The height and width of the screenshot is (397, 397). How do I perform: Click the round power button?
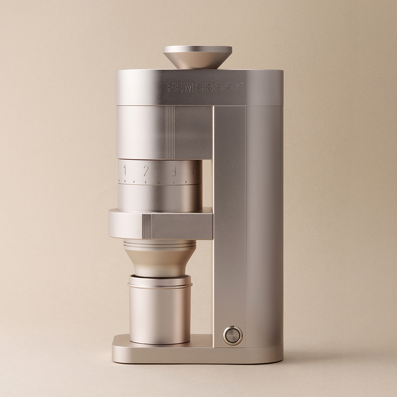(233, 335)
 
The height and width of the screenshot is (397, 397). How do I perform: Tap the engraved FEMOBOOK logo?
(204, 88)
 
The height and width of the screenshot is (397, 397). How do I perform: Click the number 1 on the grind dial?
(125, 170)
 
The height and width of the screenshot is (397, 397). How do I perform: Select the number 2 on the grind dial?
(146, 171)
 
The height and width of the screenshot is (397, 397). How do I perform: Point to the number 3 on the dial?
(173, 171)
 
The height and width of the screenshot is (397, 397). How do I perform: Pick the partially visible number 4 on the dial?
(195, 171)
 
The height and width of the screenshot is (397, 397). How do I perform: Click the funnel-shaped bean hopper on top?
(197, 57)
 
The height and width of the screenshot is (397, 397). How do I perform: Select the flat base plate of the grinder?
(197, 352)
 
